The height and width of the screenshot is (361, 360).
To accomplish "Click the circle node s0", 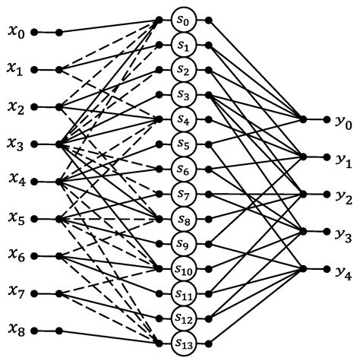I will pyautogui.click(x=182, y=17).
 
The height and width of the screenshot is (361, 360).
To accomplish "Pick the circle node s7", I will pyautogui.click(x=182, y=192).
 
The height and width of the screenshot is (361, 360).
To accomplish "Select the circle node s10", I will pyautogui.click(x=182, y=268).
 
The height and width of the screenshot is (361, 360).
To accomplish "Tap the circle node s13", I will pyautogui.click(x=182, y=343).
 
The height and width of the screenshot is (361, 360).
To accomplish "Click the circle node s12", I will pyautogui.click(x=182, y=318).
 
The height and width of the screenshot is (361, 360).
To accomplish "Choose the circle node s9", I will pyautogui.click(x=182, y=242).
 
